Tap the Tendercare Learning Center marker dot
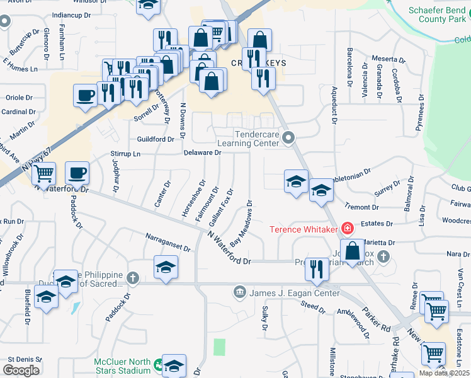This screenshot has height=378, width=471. click(289, 137)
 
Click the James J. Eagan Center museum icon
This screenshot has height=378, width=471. click(240, 291)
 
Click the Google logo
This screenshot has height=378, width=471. click(21, 370)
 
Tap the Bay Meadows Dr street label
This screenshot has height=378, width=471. click(241, 224)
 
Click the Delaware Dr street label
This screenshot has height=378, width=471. click(202, 152)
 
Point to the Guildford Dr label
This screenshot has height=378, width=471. click(156, 139)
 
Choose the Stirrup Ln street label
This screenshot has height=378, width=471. click(125, 153)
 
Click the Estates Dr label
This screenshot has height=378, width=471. click(380, 223)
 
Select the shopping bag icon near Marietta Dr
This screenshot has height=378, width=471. click(353, 249)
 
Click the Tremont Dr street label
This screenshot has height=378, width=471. click(361, 206)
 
